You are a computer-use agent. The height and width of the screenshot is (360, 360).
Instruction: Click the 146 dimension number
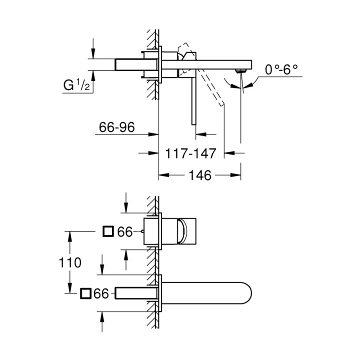pos(200,175)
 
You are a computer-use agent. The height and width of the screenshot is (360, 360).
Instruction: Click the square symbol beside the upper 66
pos(107,231)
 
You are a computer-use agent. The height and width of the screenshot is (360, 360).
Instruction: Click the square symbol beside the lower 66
pos(85,293)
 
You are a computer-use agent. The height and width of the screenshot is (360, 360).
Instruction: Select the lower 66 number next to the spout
pos(101,294)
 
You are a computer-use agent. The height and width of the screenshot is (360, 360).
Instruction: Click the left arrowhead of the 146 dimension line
pos(162,175)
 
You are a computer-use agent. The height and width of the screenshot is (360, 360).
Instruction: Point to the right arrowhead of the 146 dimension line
pos(238,175)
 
